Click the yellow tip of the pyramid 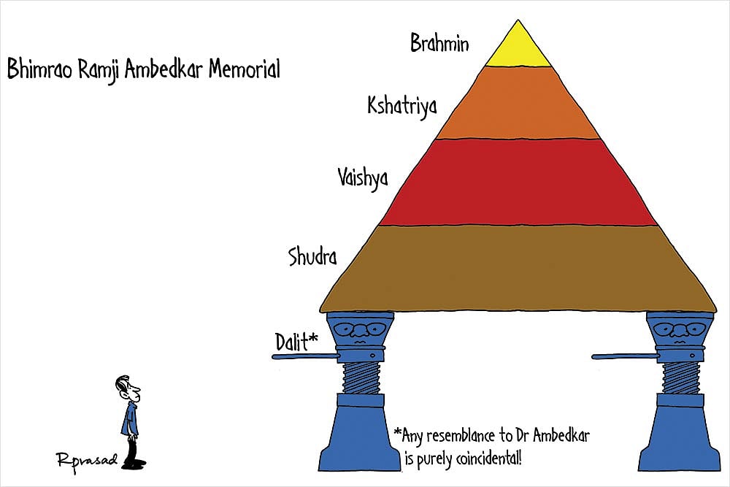coord(518,50)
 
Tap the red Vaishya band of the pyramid coord(518,183)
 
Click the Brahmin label coord(439,43)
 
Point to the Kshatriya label coord(402,107)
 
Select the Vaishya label coord(363,178)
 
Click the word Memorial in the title coord(244,70)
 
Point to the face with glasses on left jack coord(358,333)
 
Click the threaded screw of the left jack coord(359,380)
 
